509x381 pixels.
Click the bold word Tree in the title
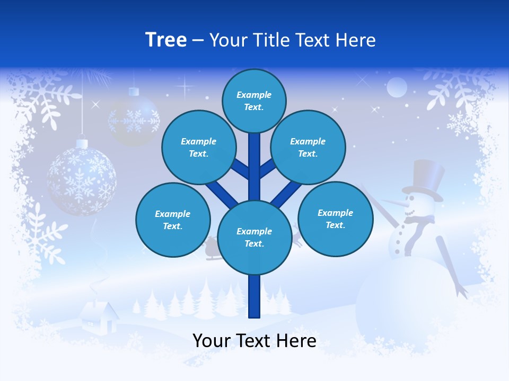[x=166, y=40]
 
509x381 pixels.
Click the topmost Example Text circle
[x=254, y=101]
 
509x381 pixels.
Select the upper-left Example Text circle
[x=198, y=147]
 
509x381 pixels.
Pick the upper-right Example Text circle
[x=308, y=147]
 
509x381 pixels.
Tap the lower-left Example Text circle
[x=172, y=220]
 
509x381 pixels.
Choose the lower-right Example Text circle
[x=335, y=219]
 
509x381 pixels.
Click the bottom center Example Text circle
[x=254, y=237]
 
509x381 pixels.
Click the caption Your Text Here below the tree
[x=254, y=341]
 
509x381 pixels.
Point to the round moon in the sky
[x=397, y=87]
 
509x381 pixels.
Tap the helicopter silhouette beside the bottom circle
[x=212, y=249]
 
